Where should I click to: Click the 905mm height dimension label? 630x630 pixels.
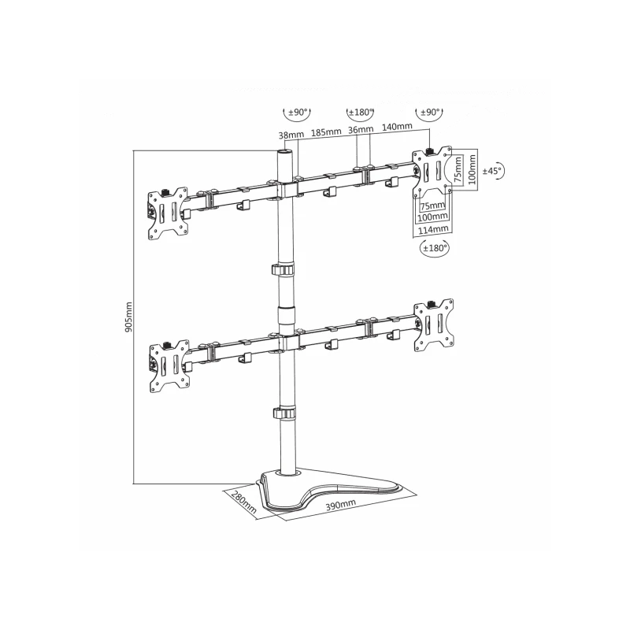(128, 316)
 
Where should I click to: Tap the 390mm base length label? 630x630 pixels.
(341, 505)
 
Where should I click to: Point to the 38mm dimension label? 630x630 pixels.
(289, 135)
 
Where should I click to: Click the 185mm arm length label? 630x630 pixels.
(325, 132)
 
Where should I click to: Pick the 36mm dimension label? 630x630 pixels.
(360, 130)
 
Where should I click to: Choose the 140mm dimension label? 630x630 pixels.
(397, 127)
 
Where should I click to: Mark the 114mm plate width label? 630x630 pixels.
(433, 228)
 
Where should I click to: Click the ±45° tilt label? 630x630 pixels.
(492, 170)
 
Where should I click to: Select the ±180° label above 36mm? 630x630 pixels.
(360, 113)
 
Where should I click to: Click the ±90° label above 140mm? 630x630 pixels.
(430, 113)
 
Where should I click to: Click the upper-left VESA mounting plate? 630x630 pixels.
(169, 211)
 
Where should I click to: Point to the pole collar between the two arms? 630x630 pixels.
(285, 270)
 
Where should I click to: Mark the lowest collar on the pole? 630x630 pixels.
(284, 413)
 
